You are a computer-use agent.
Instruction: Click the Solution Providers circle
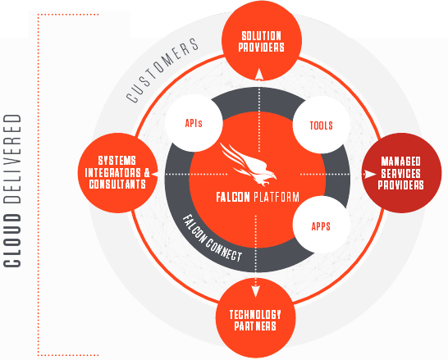point(262,40)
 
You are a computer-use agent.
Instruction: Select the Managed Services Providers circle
point(401,173)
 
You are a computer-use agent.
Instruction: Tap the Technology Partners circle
point(255,317)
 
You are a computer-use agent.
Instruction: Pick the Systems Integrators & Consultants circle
point(117,173)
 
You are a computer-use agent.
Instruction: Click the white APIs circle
point(194,123)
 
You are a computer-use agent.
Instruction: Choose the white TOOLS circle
point(322,125)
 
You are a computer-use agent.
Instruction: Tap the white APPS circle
point(321,225)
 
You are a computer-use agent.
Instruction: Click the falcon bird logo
point(248,164)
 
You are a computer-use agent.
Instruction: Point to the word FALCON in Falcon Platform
point(233,197)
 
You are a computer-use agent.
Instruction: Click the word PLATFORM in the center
point(277,197)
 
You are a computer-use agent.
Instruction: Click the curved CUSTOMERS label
point(162,70)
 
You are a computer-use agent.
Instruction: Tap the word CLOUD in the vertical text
point(12,240)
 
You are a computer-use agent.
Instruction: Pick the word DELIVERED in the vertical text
point(12,159)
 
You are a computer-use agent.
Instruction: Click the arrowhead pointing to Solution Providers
point(259,74)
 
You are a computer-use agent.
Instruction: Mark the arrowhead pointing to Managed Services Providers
point(370,174)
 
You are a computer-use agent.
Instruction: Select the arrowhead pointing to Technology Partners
point(255,291)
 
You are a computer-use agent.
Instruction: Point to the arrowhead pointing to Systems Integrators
point(155,174)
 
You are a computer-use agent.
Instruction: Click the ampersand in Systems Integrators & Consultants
point(147,173)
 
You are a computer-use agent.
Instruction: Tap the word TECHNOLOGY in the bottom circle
point(255,314)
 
